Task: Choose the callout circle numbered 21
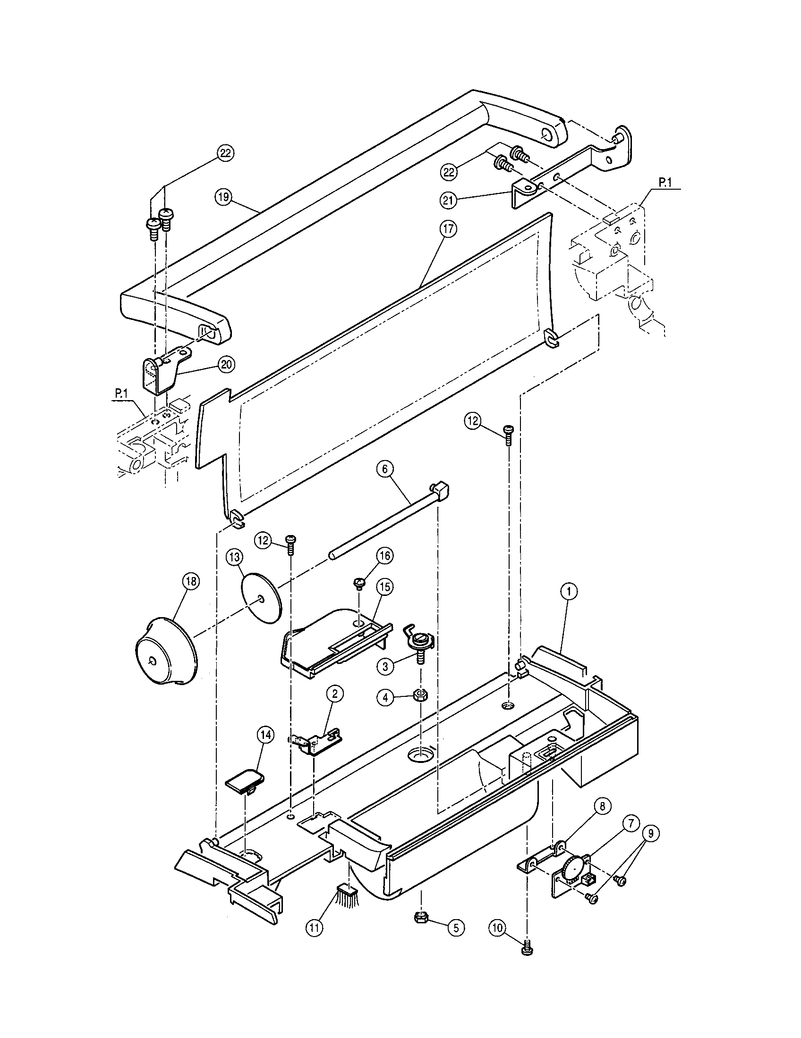coord(448,201)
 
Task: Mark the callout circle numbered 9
coord(651,833)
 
